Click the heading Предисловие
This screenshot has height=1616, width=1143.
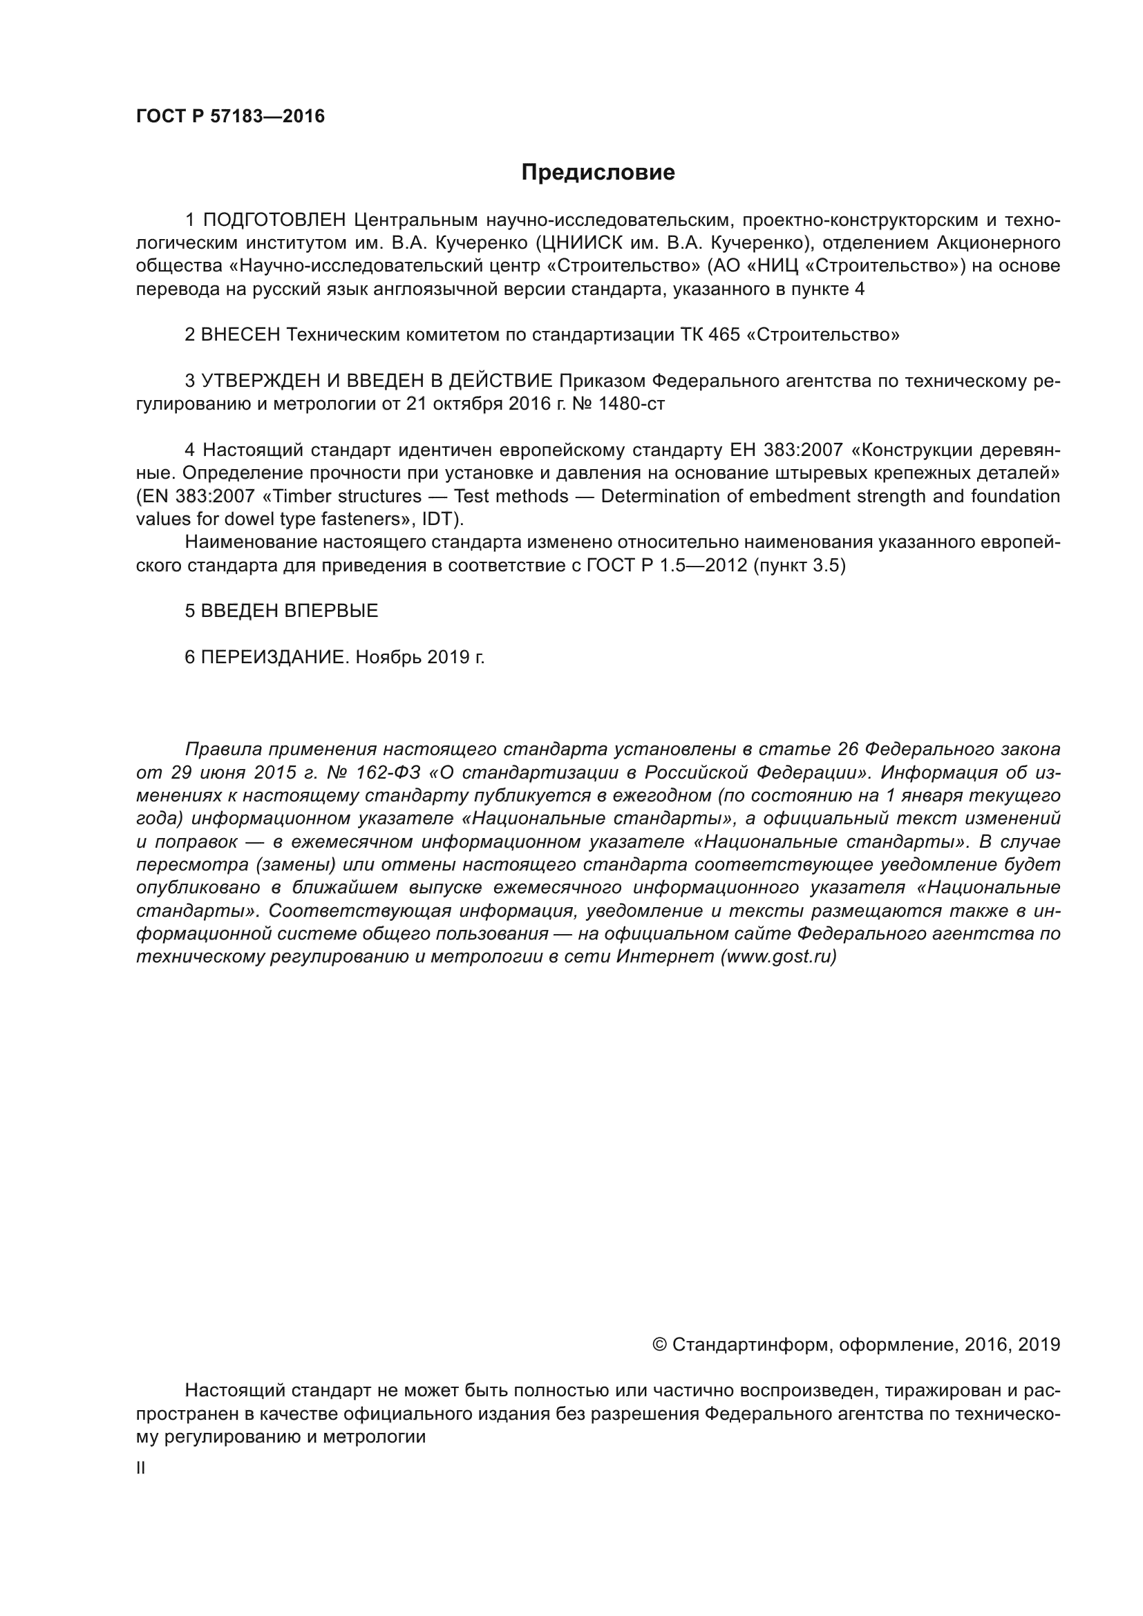pos(598,173)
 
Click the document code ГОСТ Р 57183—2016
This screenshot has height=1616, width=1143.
pos(230,116)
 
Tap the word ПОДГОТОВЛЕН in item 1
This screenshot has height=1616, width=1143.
pos(274,220)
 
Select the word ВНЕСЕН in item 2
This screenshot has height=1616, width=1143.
pos(240,334)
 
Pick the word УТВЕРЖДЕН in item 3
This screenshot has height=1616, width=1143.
pos(260,381)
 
